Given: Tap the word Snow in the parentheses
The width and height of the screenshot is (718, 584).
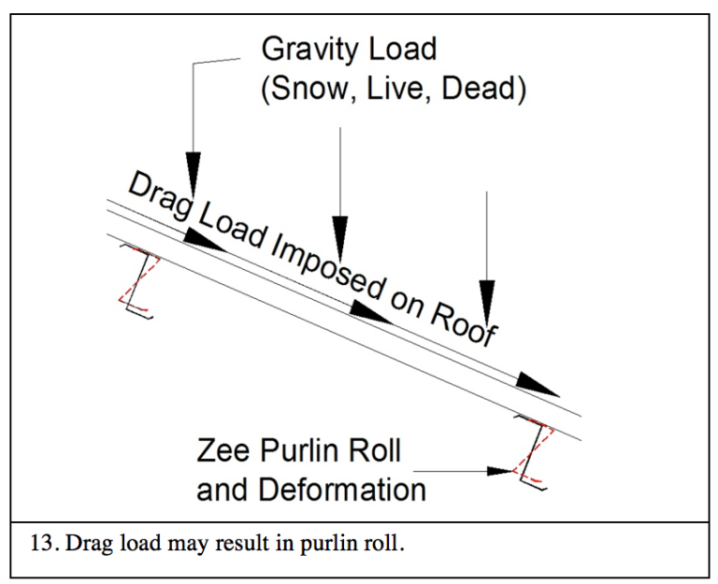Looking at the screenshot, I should click(319, 91).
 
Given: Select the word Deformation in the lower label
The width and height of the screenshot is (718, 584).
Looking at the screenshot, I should click(339, 489).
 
